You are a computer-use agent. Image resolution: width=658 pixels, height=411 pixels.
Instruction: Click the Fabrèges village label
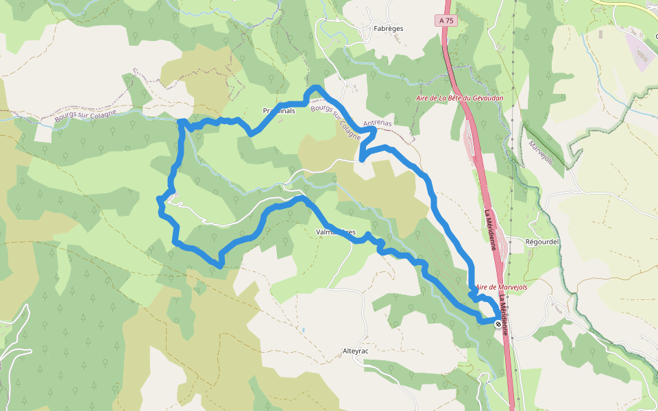coord(388,29)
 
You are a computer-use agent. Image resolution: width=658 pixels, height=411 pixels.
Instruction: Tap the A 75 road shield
coord(446,21)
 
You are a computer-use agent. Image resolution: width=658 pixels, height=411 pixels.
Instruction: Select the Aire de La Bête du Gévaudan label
coord(459,99)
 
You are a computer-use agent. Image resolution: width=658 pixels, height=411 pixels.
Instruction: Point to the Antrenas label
coord(377,124)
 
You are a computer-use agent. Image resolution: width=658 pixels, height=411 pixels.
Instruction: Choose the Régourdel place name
coord(542,242)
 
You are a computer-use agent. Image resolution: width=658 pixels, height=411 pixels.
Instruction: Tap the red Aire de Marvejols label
coord(501,287)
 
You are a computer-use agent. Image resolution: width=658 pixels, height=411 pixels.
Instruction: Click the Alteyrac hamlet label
coord(356,351)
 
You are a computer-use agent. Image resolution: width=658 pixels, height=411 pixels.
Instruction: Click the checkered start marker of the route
coord(498,323)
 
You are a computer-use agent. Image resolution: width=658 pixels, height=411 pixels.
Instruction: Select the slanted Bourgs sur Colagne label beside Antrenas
coord(335,122)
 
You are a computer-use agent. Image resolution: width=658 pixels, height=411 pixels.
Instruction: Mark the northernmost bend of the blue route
coord(315,87)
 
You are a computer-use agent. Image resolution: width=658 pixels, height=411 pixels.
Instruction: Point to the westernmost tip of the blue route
coord(160,199)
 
